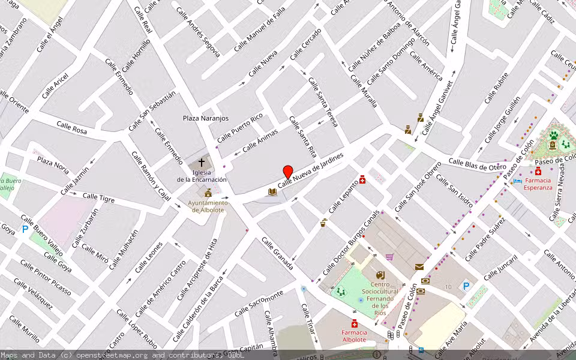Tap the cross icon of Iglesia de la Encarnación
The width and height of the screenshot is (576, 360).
point(202,163)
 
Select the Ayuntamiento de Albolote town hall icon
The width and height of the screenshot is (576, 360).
point(208,193)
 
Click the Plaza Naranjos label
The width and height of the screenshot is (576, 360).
point(206,118)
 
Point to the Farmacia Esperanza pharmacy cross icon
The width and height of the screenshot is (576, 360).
point(538,172)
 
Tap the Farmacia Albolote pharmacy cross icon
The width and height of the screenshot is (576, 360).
point(355,325)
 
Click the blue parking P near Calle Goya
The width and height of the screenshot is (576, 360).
point(25,229)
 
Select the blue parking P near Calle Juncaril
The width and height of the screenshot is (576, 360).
point(466,287)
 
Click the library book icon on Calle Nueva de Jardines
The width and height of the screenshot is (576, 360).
point(272,191)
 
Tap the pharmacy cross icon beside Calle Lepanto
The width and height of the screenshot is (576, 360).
point(362,179)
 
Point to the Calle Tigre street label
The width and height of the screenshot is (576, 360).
point(98,197)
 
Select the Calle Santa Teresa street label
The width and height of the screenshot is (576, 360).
point(323,101)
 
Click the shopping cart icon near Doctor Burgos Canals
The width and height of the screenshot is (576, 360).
point(389,257)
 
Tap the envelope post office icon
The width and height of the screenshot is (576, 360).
point(419,266)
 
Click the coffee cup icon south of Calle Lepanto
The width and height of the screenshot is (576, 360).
point(323,223)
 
